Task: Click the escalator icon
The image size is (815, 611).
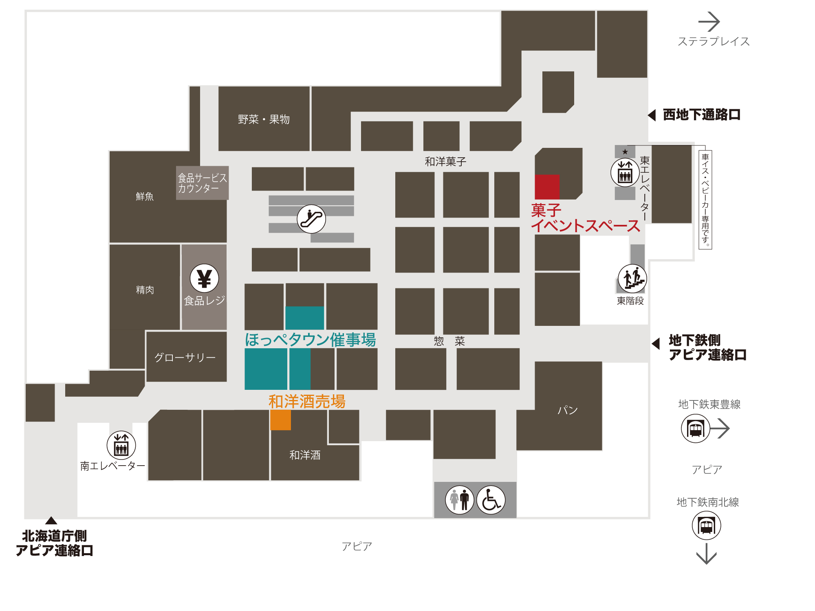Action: tap(311, 219)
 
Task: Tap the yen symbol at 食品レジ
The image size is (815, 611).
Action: tap(204, 279)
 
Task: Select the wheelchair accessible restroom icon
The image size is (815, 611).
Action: tap(491, 500)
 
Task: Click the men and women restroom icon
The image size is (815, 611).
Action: tap(460, 500)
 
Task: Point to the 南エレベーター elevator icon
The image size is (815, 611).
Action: tap(121, 445)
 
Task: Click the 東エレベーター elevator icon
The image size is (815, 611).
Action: tap(625, 172)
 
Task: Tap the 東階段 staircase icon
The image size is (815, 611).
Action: tap(632, 279)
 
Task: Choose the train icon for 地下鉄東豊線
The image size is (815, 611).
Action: tap(696, 429)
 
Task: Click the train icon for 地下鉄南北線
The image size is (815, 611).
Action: tap(706, 525)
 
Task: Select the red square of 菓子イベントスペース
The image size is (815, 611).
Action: tap(547, 187)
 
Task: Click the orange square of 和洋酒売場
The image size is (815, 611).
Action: tap(280, 420)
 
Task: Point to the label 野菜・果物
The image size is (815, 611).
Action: tap(264, 119)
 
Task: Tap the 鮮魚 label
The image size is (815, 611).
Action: tap(145, 196)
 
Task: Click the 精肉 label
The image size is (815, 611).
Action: tap(145, 290)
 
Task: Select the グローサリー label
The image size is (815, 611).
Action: tap(185, 357)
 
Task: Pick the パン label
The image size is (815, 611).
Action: tap(568, 410)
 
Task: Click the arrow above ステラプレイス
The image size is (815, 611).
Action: tap(709, 22)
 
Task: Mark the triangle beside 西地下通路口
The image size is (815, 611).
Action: tap(652, 115)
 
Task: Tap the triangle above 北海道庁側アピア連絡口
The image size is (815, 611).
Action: tap(51, 520)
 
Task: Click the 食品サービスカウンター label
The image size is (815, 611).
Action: tap(202, 183)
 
